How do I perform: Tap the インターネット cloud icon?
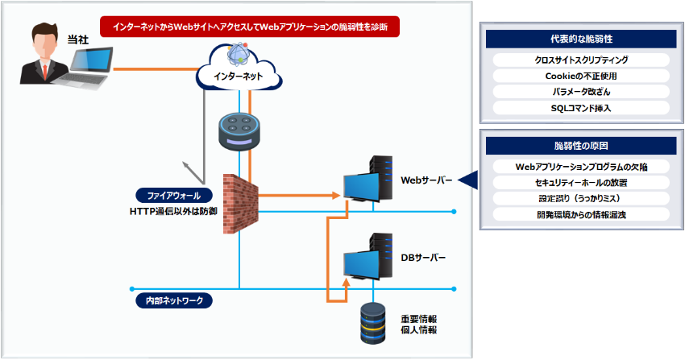coord(239,68)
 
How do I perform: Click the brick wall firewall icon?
coord(239,202)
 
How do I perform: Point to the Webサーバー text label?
coord(426,180)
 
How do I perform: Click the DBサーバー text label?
coord(423,258)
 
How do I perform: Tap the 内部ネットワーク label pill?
coord(174,300)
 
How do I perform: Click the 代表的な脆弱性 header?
coord(580,39)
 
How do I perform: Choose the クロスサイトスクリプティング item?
coord(580,60)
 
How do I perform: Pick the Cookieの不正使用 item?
coord(580,76)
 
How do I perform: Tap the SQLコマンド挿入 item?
coord(580,107)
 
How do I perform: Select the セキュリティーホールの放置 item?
coord(580,182)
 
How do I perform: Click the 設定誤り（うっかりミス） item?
coord(580,198)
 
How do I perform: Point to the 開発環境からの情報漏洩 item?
coord(580,214)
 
